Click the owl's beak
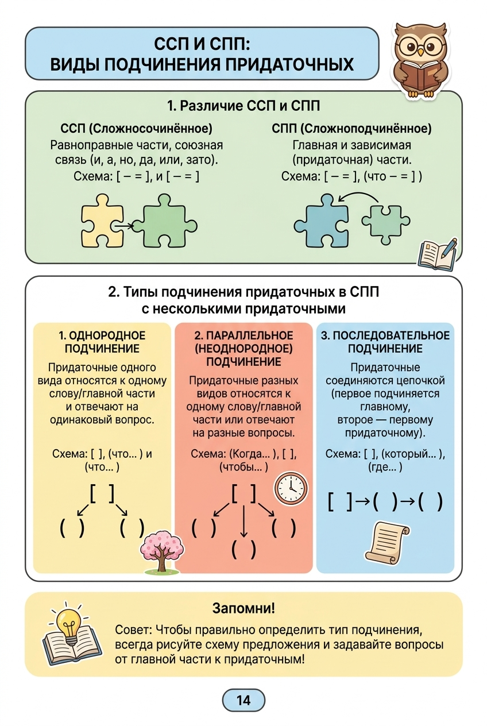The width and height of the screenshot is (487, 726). (420, 52)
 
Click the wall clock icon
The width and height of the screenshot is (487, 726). (291, 488)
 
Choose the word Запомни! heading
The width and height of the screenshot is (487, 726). (243, 608)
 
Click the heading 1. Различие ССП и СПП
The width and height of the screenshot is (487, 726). (243, 106)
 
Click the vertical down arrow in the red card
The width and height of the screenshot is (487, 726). (244, 521)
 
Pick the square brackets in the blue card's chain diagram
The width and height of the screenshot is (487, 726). (340, 502)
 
